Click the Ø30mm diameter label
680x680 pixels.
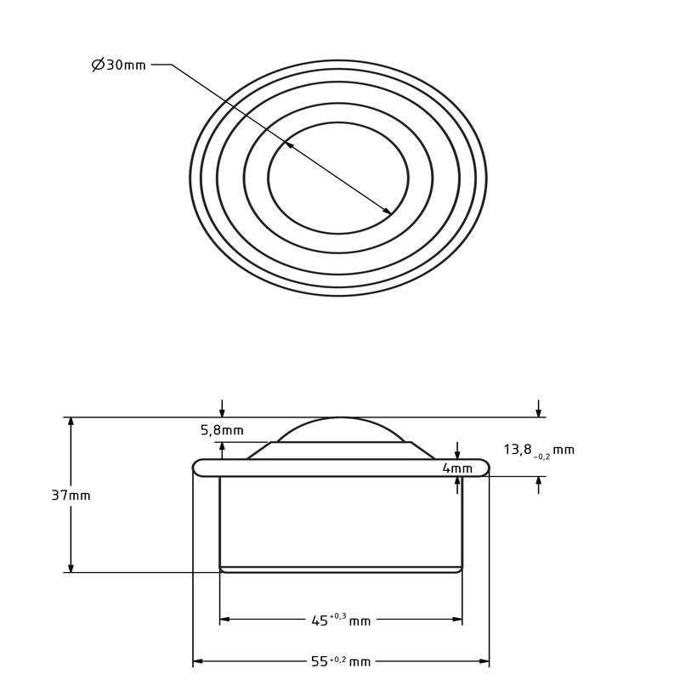click(119, 65)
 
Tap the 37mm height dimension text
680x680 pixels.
click(71, 496)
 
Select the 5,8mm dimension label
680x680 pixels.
click(222, 430)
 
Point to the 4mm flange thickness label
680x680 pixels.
click(456, 468)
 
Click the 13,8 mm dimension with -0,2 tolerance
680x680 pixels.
click(539, 450)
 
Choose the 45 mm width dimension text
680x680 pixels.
click(341, 620)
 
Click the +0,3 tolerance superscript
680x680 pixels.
click(337, 616)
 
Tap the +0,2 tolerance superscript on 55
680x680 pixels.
click(337, 658)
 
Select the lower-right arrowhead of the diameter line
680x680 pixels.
click(388, 212)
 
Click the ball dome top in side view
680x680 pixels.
click(341, 418)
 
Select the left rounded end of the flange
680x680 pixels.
click(198, 467)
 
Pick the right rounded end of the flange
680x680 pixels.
click(484, 467)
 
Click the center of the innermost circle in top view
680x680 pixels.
click(338, 178)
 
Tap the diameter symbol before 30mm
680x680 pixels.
click(98, 65)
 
